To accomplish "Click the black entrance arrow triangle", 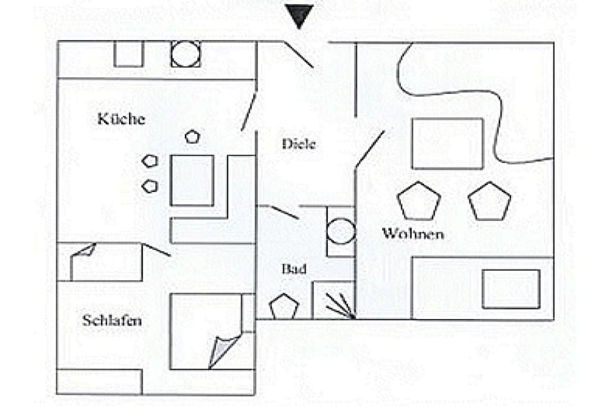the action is tap(299, 15).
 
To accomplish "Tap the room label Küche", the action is tap(121, 119).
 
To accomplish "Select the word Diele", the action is tap(299, 144).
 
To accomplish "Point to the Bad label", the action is tap(294, 269).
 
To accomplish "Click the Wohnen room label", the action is tap(413, 234).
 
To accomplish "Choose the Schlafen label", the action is tap(112, 320).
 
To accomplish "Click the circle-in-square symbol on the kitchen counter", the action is tap(186, 54).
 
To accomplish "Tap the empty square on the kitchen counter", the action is tap(129, 54).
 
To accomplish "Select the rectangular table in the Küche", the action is tap(192, 181).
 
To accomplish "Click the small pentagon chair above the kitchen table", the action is tap(192, 137).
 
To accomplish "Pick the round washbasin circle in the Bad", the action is tap(341, 231).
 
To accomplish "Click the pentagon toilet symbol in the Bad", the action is tap(284, 307).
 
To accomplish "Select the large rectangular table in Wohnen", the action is tap(447, 144).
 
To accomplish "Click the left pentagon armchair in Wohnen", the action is tap(419, 201).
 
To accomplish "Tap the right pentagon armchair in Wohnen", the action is tap(489, 201).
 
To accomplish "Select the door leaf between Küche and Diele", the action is tap(249, 111).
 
